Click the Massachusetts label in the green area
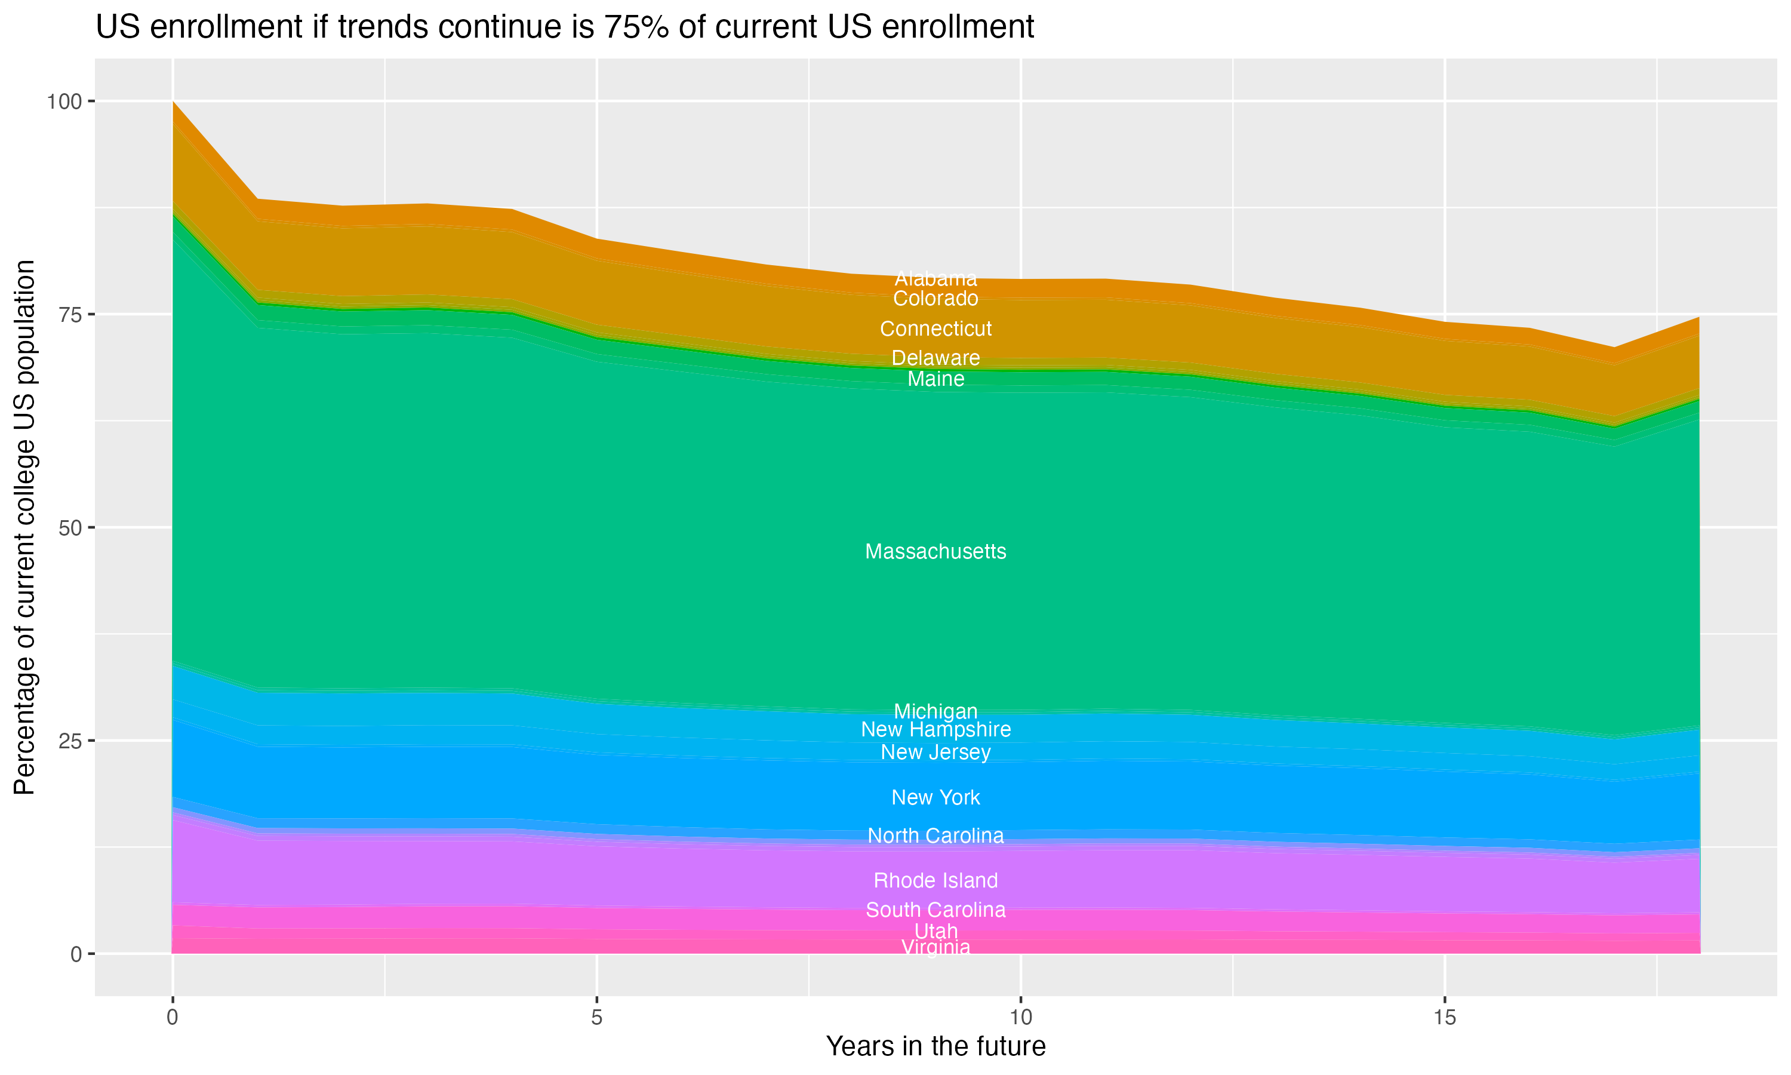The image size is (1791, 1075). click(935, 551)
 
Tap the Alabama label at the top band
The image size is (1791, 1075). click(935, 278)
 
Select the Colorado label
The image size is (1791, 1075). click(935, 299)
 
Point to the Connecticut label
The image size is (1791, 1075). click(935, 329)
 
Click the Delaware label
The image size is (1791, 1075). click(935, 358)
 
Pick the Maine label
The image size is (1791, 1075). click(935, 379)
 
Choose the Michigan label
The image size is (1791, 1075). click(935, 711)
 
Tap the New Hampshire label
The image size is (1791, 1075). click(935, 729)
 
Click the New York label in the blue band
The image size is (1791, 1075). click(935, 797)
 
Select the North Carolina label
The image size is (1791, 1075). click(935, 836)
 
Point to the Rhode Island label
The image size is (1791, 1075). click(935, 881)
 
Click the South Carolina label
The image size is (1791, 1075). click(935, 910)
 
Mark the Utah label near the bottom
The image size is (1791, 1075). click(935, 931)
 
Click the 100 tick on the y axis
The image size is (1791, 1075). click(64, 102)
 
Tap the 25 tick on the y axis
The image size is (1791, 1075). click(69, 741)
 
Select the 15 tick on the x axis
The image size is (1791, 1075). click(1444, 1018)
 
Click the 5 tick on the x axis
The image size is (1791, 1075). click(596, 1018)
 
